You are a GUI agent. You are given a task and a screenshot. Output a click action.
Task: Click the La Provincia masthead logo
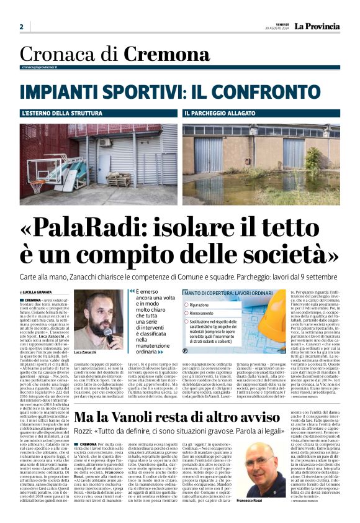pyautogui.click(x=317, y=26)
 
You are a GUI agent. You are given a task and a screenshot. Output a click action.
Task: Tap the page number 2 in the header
pyautogui.click(x=22, y=27)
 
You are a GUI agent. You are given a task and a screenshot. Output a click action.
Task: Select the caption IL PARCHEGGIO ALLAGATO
pyautogui.click(x=216, y=114)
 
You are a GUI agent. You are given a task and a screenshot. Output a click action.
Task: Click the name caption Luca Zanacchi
pyautogui.click(x=84, y=352)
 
